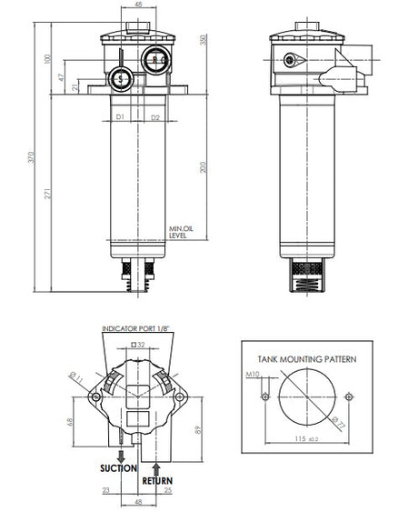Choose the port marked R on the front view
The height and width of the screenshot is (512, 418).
coord(155,63)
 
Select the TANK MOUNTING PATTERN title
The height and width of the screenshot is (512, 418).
coord(307,359)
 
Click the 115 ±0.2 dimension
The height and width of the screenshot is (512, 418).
coord(305,439)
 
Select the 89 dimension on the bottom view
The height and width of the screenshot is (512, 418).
coord(198,429)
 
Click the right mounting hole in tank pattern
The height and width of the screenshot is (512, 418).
coord(349,397)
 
